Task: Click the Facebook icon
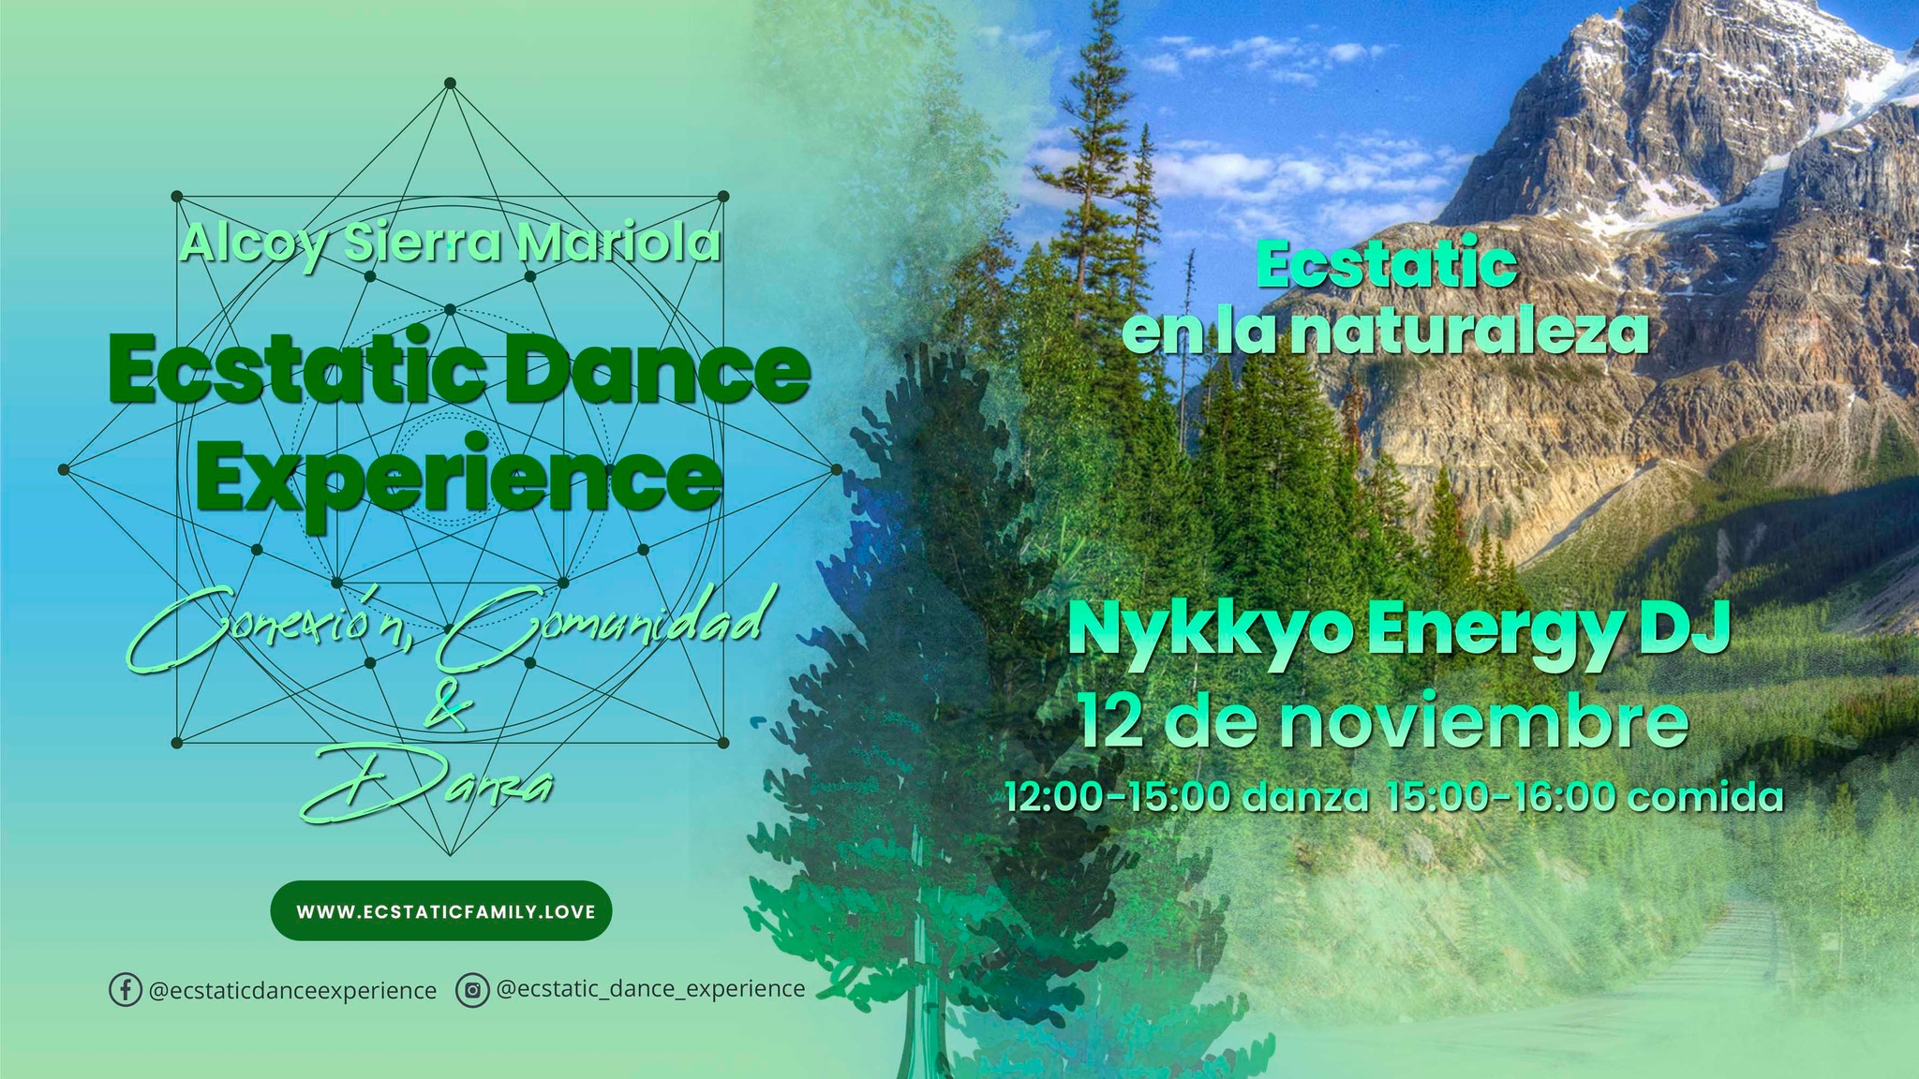125,990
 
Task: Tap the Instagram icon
472,990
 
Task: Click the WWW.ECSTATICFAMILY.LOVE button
441,910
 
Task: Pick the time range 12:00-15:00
1118,797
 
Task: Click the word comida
1705,797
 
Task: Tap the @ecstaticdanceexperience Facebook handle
293,991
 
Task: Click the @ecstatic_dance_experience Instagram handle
650,989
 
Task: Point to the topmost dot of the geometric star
450,82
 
